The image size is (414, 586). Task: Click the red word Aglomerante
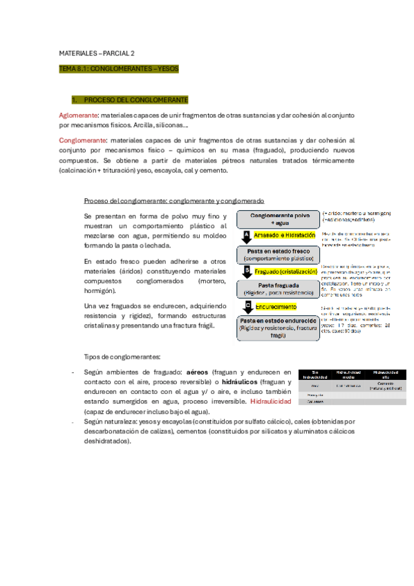(77, 115)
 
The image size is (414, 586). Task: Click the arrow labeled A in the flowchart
(247, 236)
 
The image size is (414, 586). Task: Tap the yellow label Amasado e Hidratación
(284, 236)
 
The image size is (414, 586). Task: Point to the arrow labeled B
(247, 270)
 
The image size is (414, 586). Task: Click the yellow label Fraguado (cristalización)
(286, 271)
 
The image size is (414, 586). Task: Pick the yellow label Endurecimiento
(279, 306)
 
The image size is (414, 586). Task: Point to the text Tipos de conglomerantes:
(122, 357)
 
